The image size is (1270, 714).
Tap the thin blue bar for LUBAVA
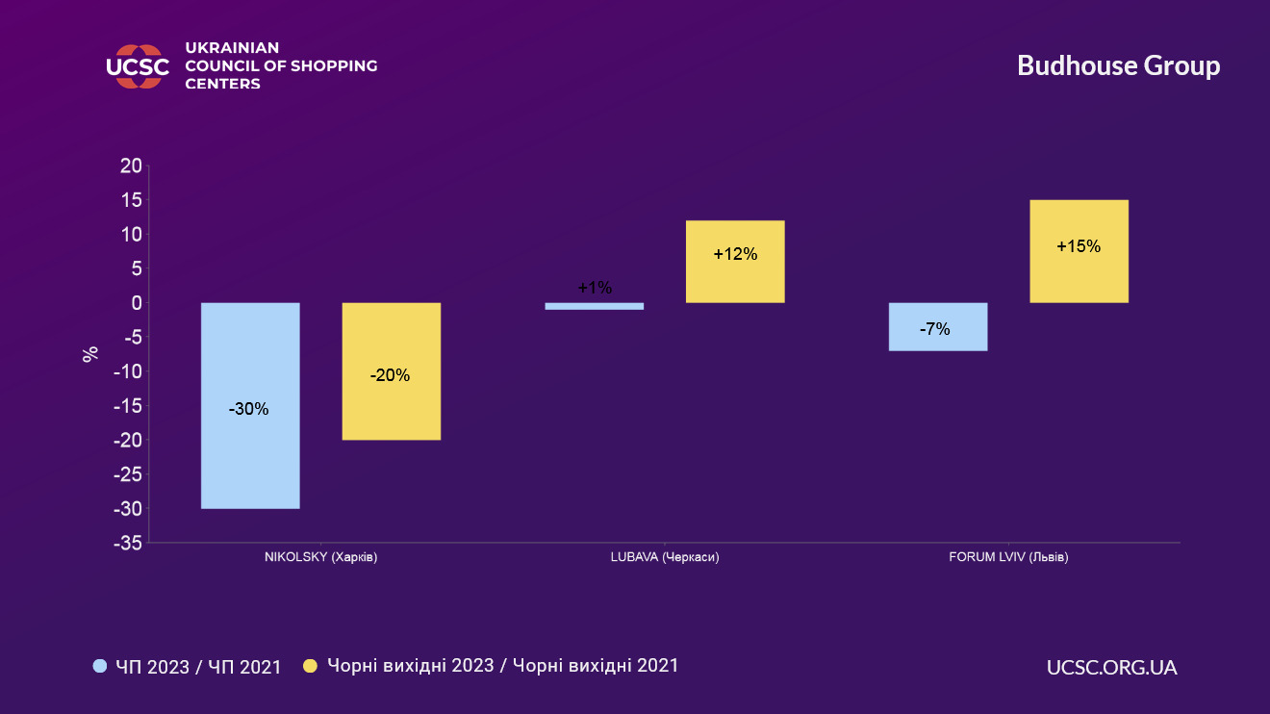(594, 306)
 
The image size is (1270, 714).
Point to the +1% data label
(595, 288)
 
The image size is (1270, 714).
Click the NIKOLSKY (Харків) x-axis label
(320, 557)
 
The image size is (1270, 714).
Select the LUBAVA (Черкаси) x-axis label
(665, 557)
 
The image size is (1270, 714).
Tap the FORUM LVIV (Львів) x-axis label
(1008, 557)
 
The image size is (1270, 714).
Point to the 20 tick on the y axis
(131, 166)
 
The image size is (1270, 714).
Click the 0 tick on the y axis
(137, 303)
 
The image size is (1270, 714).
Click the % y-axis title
(90, 354)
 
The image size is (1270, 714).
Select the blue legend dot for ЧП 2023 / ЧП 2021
(100, 666)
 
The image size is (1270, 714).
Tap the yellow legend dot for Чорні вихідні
(310, 666)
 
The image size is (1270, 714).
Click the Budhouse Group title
(1118, 65)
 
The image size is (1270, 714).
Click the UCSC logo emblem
(138, 66)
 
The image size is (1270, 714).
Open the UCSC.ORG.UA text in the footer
(1111, 667)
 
